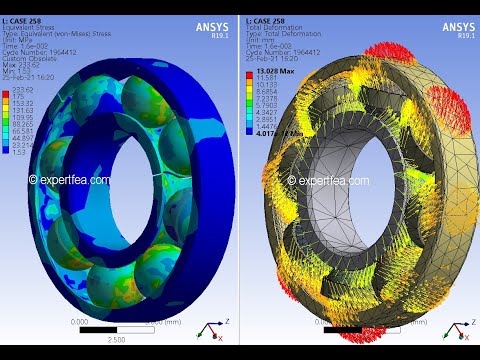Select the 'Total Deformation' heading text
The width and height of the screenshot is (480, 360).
[274, 27]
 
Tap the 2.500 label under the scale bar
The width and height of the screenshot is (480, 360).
[116, 340]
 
